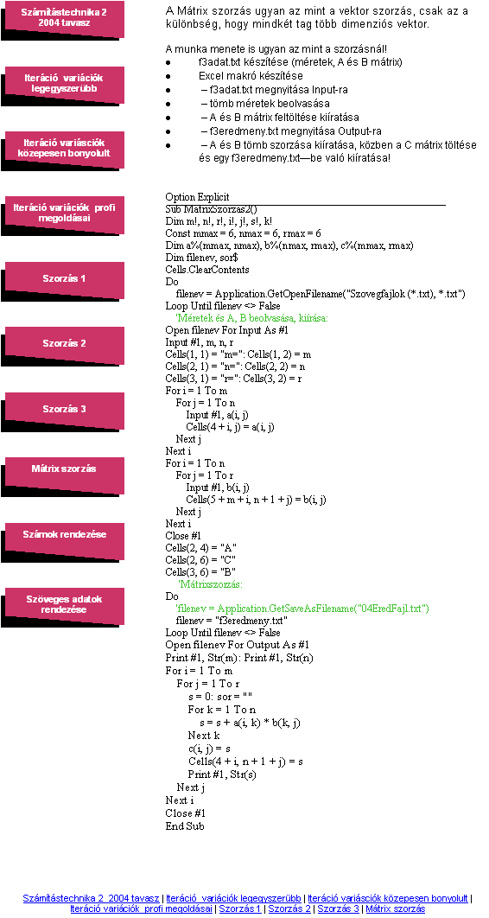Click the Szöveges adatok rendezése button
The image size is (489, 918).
(x=64, y=605)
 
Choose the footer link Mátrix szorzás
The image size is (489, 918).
(x=396, y=908)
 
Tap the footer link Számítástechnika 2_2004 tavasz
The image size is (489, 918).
(x=91, y=898)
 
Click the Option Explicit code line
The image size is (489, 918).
(x=198, y=197)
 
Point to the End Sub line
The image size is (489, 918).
(x=185, y=826)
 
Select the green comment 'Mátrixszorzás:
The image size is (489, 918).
(x=211, y=584)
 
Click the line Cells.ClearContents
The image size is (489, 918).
(x=207, y=270)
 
